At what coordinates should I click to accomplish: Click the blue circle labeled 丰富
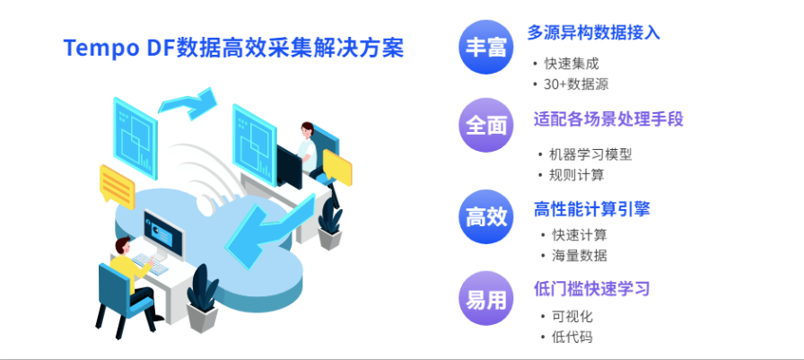pos(485,47)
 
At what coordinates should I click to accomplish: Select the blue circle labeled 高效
pos(485,216)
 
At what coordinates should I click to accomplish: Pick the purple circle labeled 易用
pos(485,297)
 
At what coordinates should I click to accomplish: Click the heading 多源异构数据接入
pos(593,33)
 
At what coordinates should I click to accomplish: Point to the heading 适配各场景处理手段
pos(608,119)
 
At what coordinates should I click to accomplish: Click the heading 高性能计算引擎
pos(591,209)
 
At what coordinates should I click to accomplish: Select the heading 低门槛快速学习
pos(591,289)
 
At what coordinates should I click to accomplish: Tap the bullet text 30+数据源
pos(576,84)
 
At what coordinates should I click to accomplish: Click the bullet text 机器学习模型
pos(590,154)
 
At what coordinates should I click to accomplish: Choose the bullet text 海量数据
pos(579,255)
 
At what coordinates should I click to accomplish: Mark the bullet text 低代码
pos(572,337)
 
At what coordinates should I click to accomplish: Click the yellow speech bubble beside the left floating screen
pos(117,185)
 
